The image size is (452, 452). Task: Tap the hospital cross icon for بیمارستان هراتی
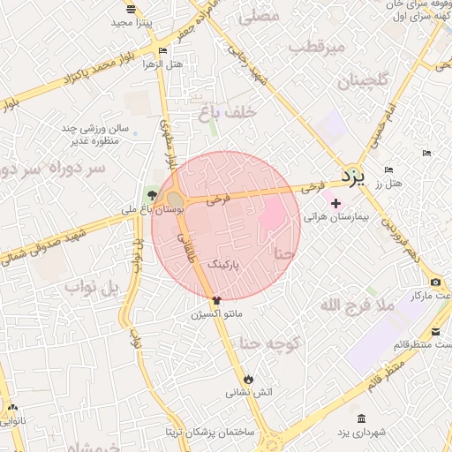click(335, 204)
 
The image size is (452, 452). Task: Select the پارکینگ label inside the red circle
click(223, 264)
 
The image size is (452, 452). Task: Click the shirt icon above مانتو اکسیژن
click(217, 300)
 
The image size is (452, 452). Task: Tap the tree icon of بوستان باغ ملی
click(153, 196)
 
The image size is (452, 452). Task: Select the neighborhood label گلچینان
click(362, 81)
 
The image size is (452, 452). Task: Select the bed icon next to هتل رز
click(388, 170)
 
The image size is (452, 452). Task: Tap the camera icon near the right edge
click(436, 281)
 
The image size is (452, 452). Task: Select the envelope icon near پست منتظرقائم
click(436, 332)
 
